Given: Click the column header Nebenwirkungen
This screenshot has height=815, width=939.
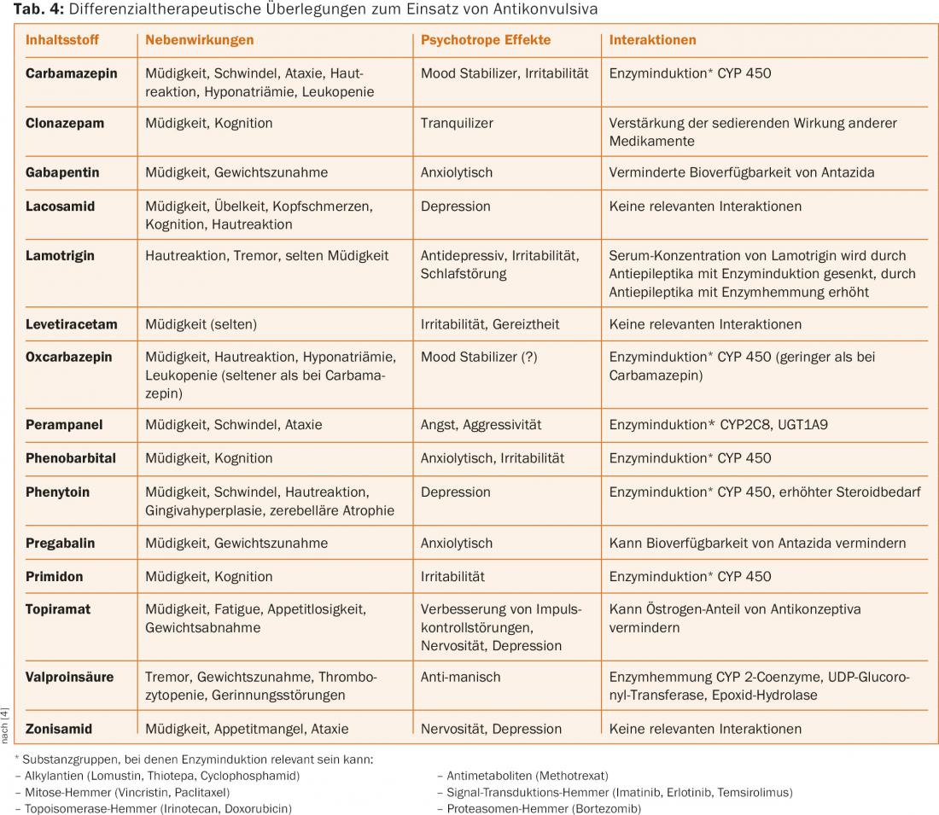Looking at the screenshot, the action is [x=200, y=40].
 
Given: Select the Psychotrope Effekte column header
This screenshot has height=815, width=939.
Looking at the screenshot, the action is [x=486, y=40].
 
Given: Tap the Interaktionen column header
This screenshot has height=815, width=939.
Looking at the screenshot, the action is [x=653, y=40].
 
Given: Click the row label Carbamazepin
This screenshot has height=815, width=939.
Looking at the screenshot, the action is [x=71, y=73].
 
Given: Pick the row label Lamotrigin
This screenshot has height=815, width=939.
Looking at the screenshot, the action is [x=60, y=256].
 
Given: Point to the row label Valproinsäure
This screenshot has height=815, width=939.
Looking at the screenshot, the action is [x=69, y=678].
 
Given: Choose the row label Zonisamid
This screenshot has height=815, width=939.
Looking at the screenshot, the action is [x=59, y=729].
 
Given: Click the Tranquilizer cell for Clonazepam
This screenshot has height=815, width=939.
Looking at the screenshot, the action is [x=457, y=124].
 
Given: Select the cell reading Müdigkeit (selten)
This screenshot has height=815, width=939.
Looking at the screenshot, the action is [x=201, y=324].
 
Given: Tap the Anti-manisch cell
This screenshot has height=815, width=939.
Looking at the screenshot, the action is [x=460, y=678].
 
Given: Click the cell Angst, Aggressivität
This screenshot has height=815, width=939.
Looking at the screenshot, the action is [x=481, y=425].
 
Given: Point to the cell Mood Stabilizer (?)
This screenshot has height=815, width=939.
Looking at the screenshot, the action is [x=479, y=358].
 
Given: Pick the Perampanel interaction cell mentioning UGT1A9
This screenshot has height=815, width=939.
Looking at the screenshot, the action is [x=719, y=425].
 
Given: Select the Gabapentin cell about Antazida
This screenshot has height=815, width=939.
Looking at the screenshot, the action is [x=741, y=172].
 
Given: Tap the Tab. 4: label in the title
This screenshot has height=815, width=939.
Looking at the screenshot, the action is [x=38, y=9].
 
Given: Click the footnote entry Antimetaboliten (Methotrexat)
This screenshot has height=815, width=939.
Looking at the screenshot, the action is [x=527, y=776].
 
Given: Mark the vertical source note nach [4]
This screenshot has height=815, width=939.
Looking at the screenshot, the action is [x=5, y=725].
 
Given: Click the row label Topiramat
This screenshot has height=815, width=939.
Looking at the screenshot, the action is [x=58, y=609].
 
